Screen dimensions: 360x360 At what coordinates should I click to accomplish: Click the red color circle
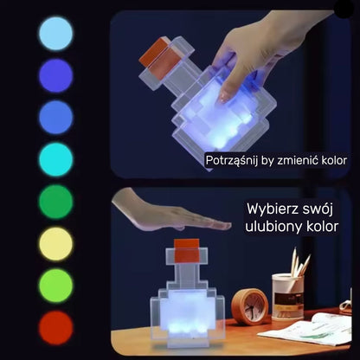[56, 328]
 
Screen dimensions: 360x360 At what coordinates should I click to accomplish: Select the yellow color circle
[56, 244]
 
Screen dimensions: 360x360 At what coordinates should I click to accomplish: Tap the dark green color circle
[56, 202]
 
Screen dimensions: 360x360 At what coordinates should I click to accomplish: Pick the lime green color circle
[56, 286]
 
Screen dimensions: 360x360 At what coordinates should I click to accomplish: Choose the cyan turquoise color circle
[56, 159]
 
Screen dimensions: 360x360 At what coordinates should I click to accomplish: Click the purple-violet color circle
[56, 75]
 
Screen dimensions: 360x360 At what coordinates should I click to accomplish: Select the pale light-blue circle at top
[56, 34]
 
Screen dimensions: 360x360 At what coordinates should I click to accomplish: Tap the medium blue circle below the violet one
[56, 118]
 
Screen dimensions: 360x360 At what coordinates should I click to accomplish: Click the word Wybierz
[269, 209]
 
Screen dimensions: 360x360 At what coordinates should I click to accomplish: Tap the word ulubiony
[273, 227]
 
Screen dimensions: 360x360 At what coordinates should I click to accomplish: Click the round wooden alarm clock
[250, 307]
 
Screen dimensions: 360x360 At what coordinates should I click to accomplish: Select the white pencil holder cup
[287, 297]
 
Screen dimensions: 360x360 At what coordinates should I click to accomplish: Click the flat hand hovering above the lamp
[170, 212]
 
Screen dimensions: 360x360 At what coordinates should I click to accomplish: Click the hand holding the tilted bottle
[260, 49]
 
